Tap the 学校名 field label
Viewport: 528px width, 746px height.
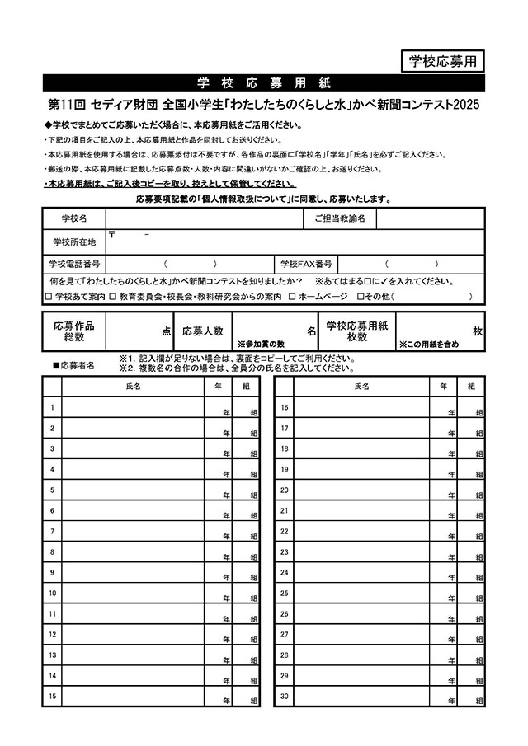coord(73,218)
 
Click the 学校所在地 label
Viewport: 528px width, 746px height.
coord(73,242)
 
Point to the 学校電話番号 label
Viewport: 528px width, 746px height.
coord(73,264)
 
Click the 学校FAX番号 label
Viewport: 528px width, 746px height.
coord(306,264)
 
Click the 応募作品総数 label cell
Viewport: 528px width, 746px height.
coord(73,331)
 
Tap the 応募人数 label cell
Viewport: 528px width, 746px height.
coord(203,331)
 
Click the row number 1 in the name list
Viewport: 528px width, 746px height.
coord(52,407)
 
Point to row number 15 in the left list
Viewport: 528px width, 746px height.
coord(53,696)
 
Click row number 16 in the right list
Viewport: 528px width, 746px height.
coord(284,407)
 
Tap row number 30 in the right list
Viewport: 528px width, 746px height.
coord(284,696)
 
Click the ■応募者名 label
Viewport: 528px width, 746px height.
coord(73,364)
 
